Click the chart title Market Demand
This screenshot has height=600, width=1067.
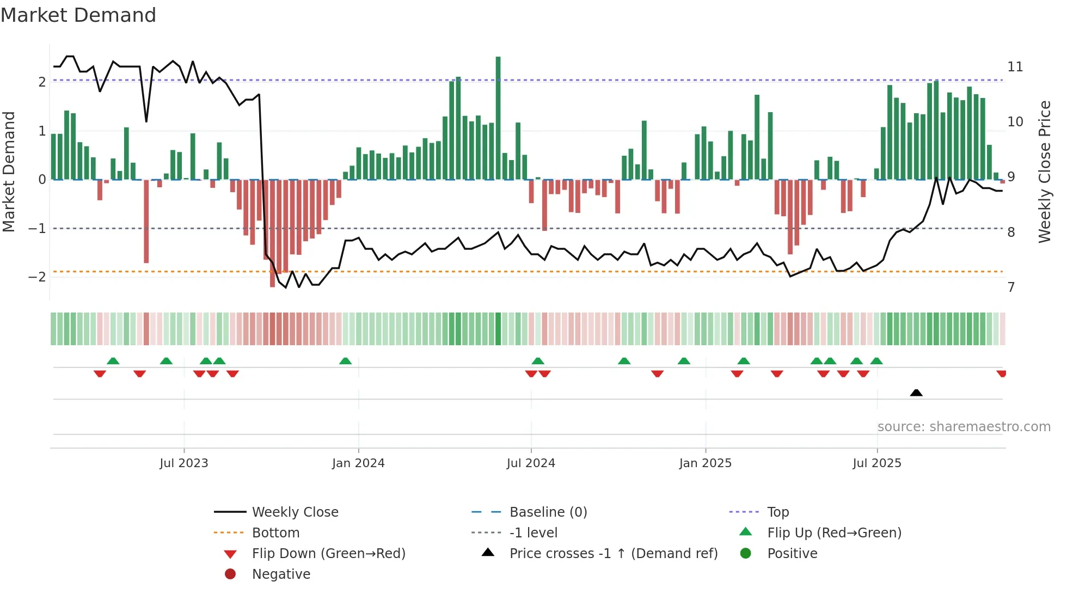(78, 15)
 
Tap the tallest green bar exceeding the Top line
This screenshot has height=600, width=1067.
(498, 117)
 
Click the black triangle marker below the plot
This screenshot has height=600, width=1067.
(916, 393)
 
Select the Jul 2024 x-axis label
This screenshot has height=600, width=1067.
(531, 463)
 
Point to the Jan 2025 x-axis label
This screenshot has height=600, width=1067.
(706, 463)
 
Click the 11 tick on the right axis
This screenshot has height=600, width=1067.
(1015, 67)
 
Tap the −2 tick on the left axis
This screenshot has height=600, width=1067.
(37, 277)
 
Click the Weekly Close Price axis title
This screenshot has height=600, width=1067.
(1044, 172)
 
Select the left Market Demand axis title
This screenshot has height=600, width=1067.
(9, 172)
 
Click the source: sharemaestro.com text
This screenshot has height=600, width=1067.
(964, 427)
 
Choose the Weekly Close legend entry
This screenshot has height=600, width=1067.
(295, 512)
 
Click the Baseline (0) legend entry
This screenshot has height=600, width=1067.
(548, 512)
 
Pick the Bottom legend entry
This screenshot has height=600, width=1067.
(275, 533)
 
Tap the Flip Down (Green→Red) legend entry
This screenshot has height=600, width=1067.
(328, 554)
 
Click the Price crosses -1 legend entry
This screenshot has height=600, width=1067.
(613, 554)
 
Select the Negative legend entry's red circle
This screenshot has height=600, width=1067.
(230, 574)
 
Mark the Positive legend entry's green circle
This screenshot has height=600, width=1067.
(746, 554)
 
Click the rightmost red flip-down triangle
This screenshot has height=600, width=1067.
(1001, 374)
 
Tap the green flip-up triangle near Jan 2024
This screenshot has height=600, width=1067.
(345, 361)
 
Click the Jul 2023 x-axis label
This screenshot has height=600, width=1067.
(184, 463)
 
